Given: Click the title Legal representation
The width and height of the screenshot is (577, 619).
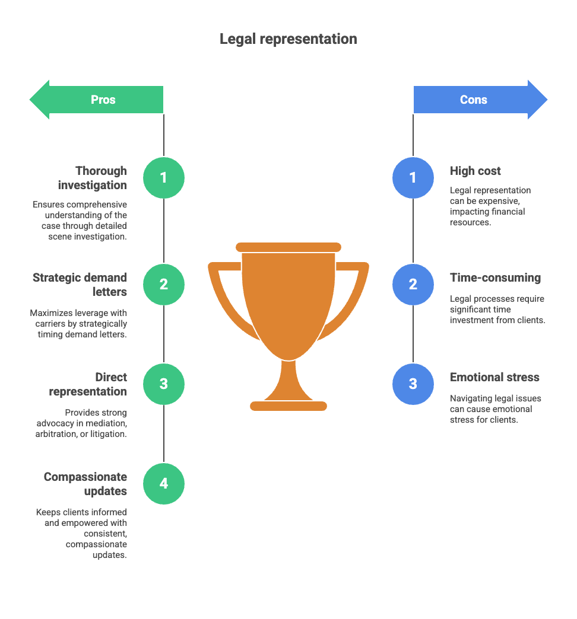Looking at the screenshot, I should coord(288,39).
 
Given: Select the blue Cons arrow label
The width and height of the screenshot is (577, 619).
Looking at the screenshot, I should coord(474,100).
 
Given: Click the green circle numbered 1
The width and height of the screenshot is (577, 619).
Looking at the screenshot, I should coord(164,177).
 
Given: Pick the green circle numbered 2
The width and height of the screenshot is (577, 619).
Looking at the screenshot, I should coord(164,284).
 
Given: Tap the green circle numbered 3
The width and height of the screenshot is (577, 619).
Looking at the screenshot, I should coord(164,384).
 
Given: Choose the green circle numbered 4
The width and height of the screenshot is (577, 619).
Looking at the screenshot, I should coord(164,483).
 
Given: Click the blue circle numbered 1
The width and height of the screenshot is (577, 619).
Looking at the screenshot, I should coord(413,177).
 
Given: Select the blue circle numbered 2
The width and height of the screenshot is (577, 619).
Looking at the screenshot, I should coord(413,284).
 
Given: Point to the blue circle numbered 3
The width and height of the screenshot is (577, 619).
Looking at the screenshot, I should coord(413,384).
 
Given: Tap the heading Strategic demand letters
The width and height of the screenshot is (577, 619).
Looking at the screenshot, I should coord(80,285).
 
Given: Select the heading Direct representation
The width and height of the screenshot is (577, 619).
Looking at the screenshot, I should coord(88,384).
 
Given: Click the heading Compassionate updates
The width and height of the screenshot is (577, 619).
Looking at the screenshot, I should coord(85,484).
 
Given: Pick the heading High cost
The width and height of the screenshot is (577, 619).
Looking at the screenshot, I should coord(475,171).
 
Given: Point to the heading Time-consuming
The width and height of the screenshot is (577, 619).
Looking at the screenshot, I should coord(495,277).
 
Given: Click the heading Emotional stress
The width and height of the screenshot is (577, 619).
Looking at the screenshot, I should coord(494,377).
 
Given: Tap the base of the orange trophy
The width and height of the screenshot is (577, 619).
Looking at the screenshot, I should coord(288,406).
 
